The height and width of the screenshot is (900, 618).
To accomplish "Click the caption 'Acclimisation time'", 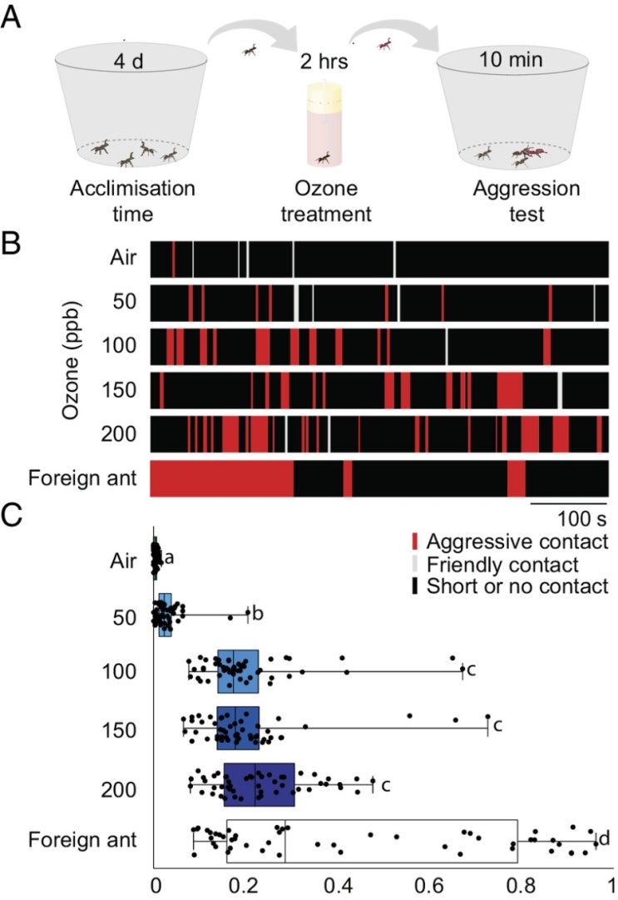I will (x=131, y=200).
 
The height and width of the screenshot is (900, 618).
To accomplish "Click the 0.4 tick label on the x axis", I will (x=339, y=882).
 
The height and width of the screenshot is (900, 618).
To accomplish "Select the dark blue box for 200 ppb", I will (x=260, y=784).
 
